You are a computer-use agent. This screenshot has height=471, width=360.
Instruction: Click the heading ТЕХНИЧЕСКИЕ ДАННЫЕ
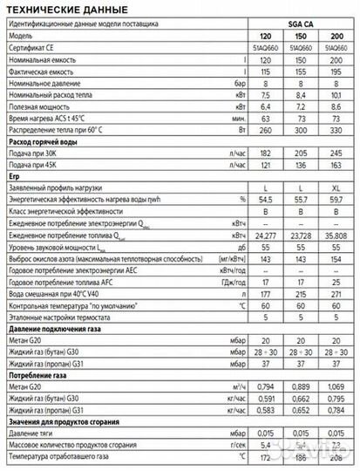point(59,9)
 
